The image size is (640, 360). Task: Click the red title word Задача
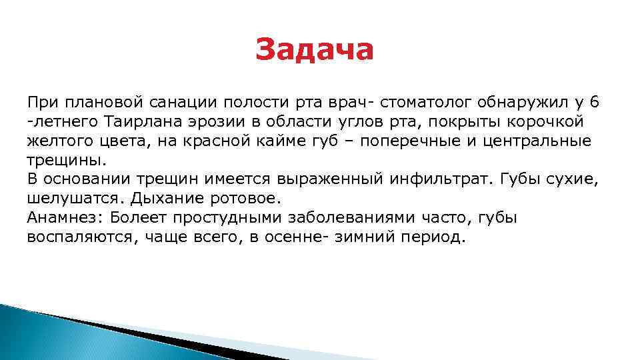[x=315, y=50]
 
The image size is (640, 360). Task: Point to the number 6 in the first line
[x=595, y=102]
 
